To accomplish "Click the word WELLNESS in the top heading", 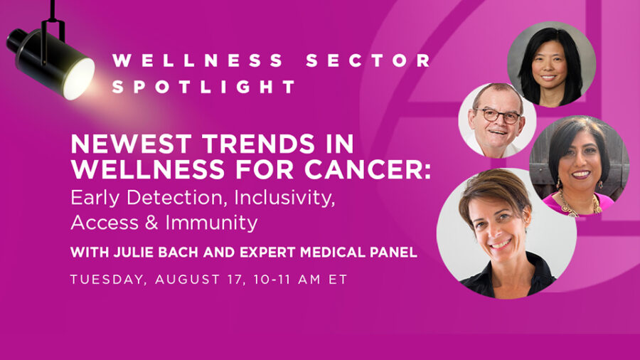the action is click(198, 60).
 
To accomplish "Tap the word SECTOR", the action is click(369, 60).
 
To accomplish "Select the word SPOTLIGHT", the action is click(203, 87).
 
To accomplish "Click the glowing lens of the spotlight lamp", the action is click(79, 79).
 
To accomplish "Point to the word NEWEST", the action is click(132, 144).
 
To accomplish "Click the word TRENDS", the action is click(258, 144).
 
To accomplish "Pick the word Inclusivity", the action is click(284, 198).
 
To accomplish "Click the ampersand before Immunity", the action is click(151, 223).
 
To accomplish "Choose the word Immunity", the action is click(211, 223).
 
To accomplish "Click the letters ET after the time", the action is click(338, 280).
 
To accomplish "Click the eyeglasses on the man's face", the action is click(498, 115).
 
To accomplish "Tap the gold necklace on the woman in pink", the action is click(579, 204).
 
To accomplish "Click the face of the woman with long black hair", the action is click(548, 65).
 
